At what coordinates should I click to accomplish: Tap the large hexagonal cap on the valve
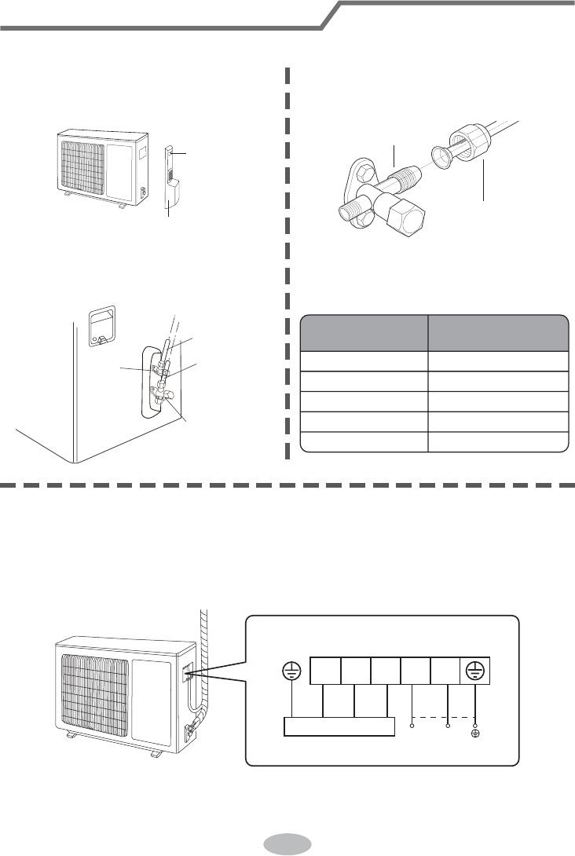click(x=408, y=214)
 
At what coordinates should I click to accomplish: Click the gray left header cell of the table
click(x=364, y=332)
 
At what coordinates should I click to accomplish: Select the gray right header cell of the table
click(x=498, y=332)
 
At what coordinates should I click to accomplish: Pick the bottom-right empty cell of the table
click(x=498, y=443)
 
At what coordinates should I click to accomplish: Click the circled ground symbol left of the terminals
click(x=292, y=671)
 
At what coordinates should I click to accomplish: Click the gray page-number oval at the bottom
click(x=287, y=842)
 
